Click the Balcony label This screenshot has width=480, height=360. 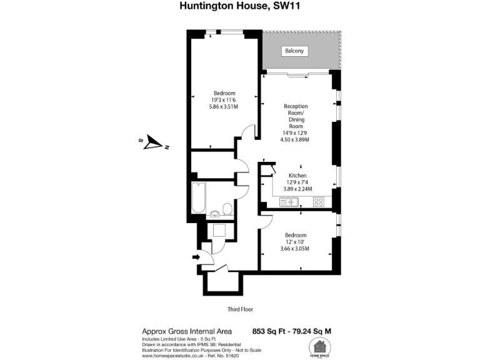[x=294, y=51]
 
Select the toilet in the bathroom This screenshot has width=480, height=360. [x=227, y=209]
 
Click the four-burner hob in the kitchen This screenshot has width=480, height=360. [x=318, y=201]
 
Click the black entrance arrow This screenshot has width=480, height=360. [x=196, y=256]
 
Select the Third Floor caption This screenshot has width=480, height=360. [x=240, y=309]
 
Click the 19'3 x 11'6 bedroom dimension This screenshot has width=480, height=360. [x=223, y=99]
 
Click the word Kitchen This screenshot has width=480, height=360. [x=297, y=176]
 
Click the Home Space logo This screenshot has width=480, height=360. [x=320, y=347]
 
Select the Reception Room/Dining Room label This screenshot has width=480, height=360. [x=296, y=116]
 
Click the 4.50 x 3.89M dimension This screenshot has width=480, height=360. [x=296, y=139]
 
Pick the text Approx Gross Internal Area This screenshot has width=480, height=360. [x=187, y=331]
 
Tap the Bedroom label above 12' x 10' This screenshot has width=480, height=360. [x=296, y=235]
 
